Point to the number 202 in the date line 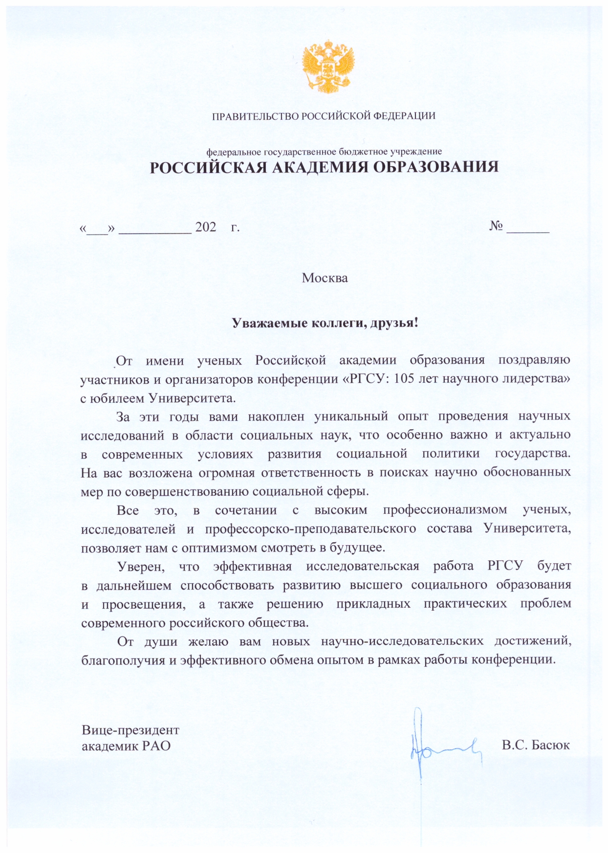[x=205, y=227]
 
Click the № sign [x=496, y=226]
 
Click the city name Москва [x=325, y=278]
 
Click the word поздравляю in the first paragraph [x=534, y=361]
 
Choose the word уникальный [x=351, y=417]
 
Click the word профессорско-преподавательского [x=310, y=529]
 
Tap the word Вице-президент [x=130, y=730]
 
